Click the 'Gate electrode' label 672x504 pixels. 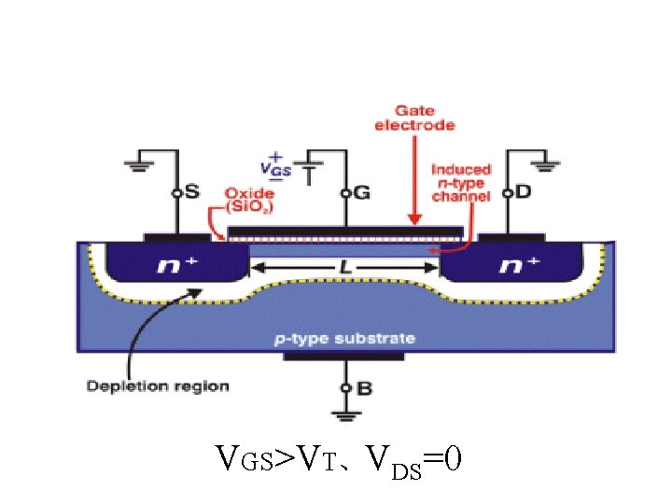[x=414, y=119]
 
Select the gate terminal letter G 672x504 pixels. [x=362, y=193]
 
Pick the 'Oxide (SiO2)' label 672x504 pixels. [x=248, y=199]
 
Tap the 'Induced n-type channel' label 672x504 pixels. [x=460, y=182]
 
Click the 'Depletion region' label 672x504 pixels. [x=158, y=385]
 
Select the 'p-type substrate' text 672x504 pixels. [x=344, y=338]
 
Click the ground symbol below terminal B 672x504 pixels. [x=345, y=416]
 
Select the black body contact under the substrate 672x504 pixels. [x=345, y=356]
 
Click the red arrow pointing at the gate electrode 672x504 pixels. [x=414, y=177]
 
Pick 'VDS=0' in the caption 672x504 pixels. [x=413, y=460]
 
